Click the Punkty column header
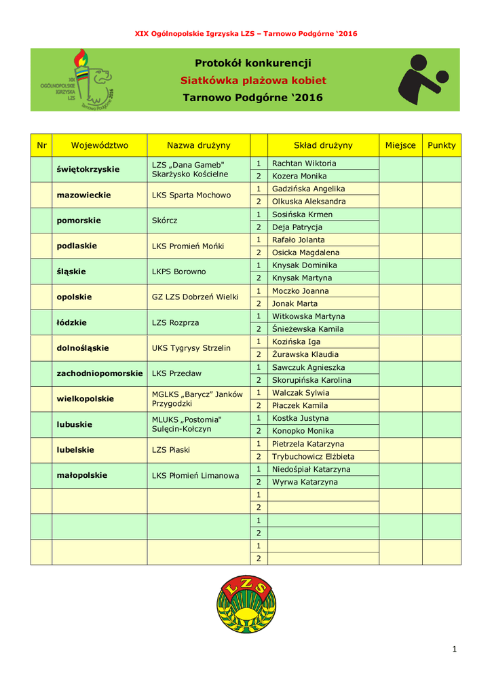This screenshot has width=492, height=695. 442,145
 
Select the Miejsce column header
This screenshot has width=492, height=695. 400,145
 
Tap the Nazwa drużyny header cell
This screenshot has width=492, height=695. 198,145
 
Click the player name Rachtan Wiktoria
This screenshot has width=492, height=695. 303,164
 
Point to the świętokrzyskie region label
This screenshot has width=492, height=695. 88,169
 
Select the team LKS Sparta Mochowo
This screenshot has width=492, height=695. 191,195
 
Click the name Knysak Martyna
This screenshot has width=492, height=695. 302,278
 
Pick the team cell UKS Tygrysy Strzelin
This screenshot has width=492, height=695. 191,348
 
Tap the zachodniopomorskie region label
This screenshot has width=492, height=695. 100,373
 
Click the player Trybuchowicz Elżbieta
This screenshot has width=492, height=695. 313,457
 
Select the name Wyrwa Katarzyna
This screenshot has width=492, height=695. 305,482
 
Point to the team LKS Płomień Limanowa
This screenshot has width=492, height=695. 195,476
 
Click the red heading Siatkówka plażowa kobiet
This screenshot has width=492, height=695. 253,81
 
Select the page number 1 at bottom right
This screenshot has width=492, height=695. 455,650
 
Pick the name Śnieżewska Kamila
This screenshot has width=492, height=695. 307,329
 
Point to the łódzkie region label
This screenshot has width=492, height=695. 72,322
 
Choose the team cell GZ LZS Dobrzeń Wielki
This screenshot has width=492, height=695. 195,297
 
